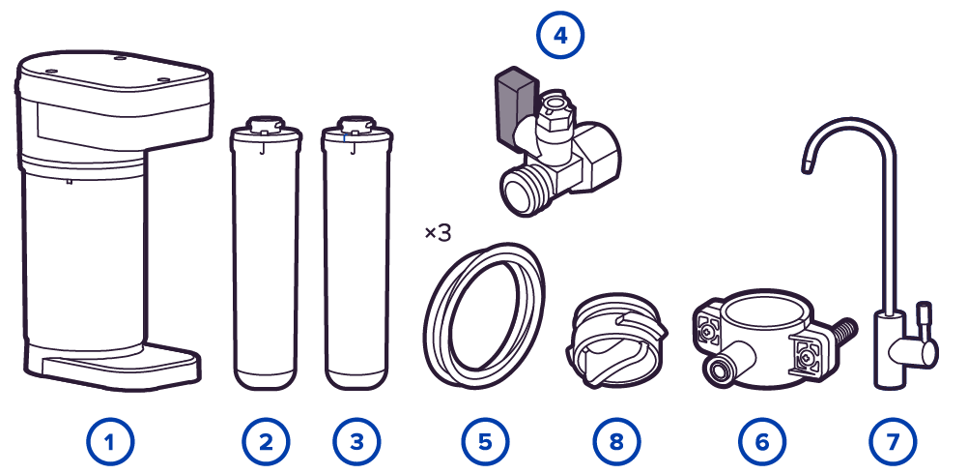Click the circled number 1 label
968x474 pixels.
pyautogui.click(x=110, y=441)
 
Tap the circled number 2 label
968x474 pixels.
pyautogui.click(x=266, y=441)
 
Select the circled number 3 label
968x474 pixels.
pyautogui.click(x=356, y=441)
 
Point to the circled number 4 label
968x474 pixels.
pyautogui.click(x=560, y=35)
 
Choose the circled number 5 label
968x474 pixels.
pyautogui.click(x=485, y=441)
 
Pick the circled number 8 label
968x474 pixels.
pyautogui.click(x=616, y=441)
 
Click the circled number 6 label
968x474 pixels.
pyautogui.click(x=762, y=441)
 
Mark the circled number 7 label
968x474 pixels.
pyautogui.click(x=893, y=441)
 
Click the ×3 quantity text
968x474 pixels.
pyautogui.click(x=438, y=233)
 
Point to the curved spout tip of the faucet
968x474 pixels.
pyautogui.click(x=807, y=165)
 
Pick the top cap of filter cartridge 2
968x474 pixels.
pyautogui.click(x=265, y=126)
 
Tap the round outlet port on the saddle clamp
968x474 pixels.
pyautogui.click(x=719, y=370)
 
